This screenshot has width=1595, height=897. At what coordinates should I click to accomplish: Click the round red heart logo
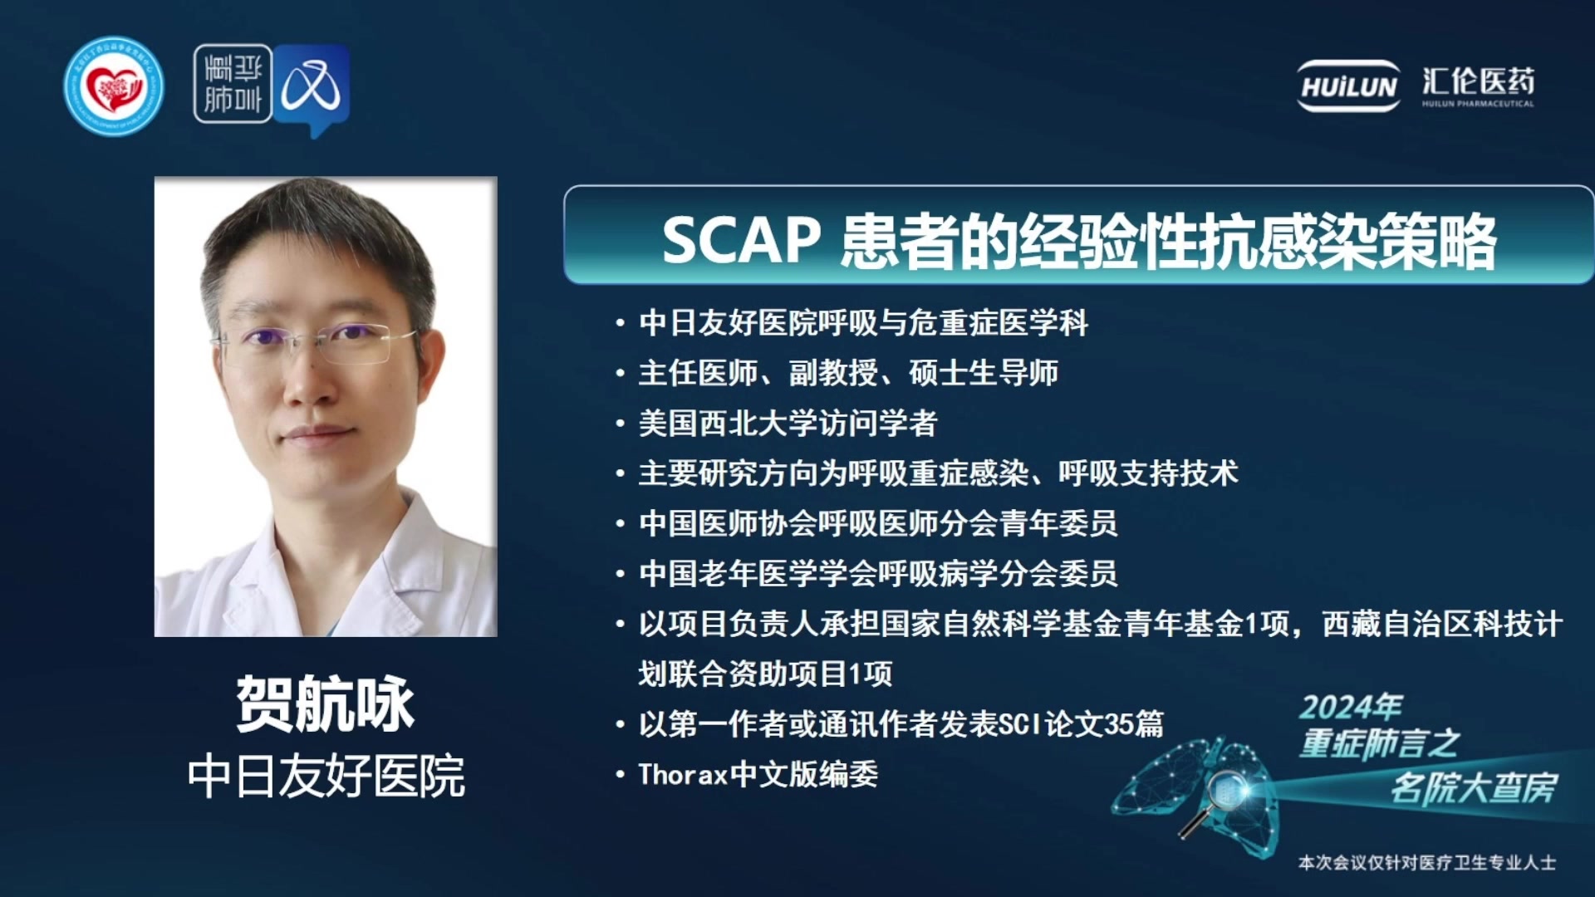(x=114, y=86)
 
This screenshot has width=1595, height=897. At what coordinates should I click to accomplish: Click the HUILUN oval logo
(x=1349, y=86)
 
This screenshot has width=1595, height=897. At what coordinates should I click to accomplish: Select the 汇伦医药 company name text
(x=1478, y=81)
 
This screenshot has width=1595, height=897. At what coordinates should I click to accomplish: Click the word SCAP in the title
(x=742, y=241)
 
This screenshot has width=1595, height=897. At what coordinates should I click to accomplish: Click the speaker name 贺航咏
(x=325, y=703)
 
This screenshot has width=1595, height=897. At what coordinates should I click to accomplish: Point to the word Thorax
(x=683, y=774)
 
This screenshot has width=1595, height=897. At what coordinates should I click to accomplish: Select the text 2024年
(x=1351, y=707)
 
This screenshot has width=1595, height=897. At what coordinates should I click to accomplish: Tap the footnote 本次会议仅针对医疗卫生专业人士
(x=1427, y=863)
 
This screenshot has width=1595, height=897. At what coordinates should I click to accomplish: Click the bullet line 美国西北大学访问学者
(x=788, y=424)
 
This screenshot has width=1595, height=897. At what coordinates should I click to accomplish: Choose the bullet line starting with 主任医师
(x=848, y=373)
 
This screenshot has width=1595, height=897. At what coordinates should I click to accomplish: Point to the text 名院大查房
(x=1475, y=787)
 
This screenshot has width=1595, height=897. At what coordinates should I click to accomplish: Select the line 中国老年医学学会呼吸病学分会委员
(x=878, y=573)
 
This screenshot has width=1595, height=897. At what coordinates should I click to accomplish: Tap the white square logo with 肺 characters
(x=233, y=84)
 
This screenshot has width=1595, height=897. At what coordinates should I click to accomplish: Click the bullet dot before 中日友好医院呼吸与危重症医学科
(x=620, y=323)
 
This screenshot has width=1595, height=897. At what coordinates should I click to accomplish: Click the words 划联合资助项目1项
(x=765, y=674)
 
